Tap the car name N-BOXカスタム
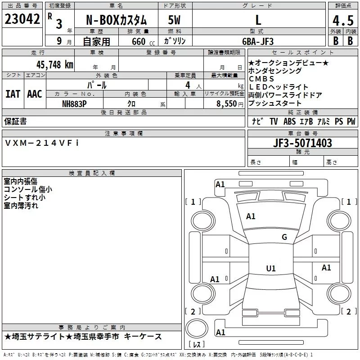[116, 20]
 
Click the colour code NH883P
[74, 103]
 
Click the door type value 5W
[175, 20]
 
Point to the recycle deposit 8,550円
[228, 103]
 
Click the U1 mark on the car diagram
[270, 269]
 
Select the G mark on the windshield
[284, 237]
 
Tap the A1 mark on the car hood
[251, 216]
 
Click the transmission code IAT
[13, 94]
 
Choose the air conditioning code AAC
[35, 94]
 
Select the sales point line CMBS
[261, 79]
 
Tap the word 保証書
[15, 121]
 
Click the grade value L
[258, 20]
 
